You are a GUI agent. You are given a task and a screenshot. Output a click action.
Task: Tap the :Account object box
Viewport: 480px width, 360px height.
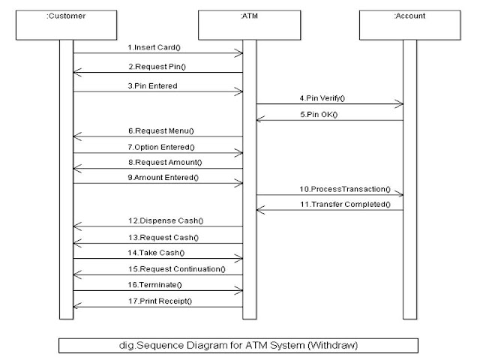pyautogui.click(x=409, y=24)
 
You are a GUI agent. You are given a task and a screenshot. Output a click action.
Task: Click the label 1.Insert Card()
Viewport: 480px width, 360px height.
pyautogui.click(x=158, y=46)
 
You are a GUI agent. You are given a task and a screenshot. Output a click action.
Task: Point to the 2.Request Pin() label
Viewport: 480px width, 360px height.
pyautogui.click(x=159, y=66)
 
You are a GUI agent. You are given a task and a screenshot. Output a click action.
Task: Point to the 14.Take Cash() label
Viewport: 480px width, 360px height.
pyautogui.click(x=158, y=253)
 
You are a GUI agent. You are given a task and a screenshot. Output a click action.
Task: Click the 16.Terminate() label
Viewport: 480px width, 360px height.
pyautogui.click(x=157, y=285)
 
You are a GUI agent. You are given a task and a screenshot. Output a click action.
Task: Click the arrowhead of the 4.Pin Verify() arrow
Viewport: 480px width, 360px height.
pyautogui.click(x=400, y=105)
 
